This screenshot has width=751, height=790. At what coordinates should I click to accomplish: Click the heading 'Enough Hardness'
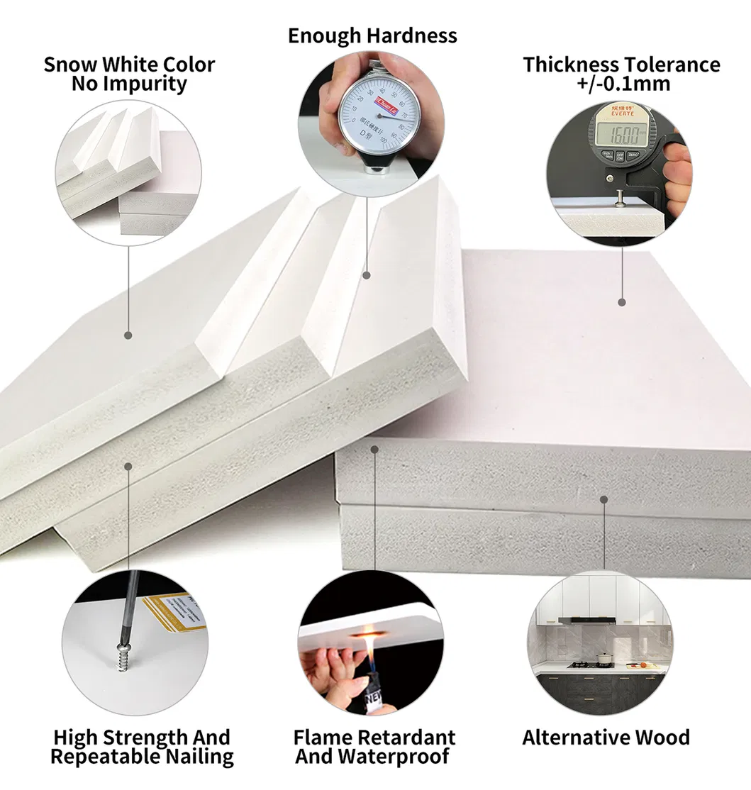click(372, 35)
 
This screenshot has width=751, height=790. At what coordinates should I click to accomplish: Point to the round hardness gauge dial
click(369, 113)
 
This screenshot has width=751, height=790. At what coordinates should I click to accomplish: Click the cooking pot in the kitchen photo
click(604, 659)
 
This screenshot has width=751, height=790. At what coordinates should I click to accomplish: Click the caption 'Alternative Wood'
click(606, 738)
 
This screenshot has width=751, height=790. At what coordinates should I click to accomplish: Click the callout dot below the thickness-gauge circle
click(622, 302)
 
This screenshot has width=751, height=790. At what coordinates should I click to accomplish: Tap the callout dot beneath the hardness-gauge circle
click(367, 274)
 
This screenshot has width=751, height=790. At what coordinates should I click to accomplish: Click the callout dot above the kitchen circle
click(603, 499)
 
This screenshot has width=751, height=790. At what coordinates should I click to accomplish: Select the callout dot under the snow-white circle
click(128, 335)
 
